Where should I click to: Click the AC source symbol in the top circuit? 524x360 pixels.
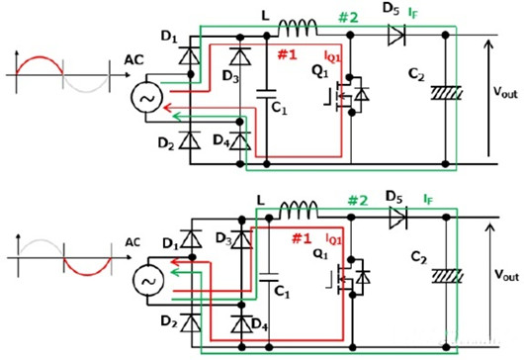[x=148, y=100]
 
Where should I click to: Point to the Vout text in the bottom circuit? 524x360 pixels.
[x=501, y=280]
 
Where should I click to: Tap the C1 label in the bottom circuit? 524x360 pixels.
[x=283, y=293]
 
